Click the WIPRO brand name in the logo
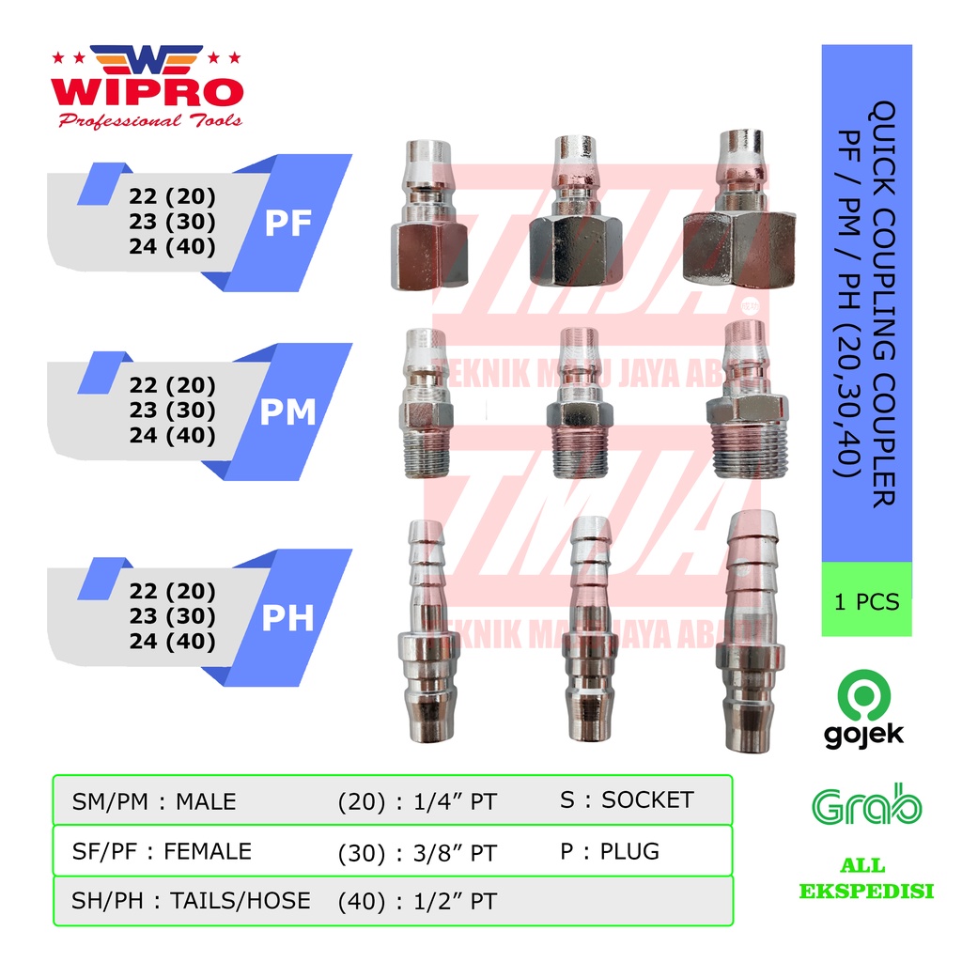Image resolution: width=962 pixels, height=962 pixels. [x=147, y=93]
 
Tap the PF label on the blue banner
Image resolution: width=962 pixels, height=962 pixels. [x=288, y=224]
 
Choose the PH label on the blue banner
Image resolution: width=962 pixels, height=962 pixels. [x=288, y=617]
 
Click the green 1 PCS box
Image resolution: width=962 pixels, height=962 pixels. [x=866, y=600]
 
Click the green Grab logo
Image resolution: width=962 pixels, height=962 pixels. [x=866, y=804]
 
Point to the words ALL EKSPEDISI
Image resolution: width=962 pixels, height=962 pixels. [x=866, y=879]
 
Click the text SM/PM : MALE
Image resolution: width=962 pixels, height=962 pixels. [x=154, y=802]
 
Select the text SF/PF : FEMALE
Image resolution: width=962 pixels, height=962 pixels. [x=162, y=851]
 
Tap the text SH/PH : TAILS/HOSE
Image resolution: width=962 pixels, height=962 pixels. [x=191, y=900]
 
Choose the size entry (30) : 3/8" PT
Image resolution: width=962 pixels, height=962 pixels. [x=416, y=853]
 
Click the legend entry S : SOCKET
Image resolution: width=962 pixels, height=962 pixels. [x=626, y=800]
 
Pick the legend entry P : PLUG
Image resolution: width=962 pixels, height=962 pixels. [x=609, y=851]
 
